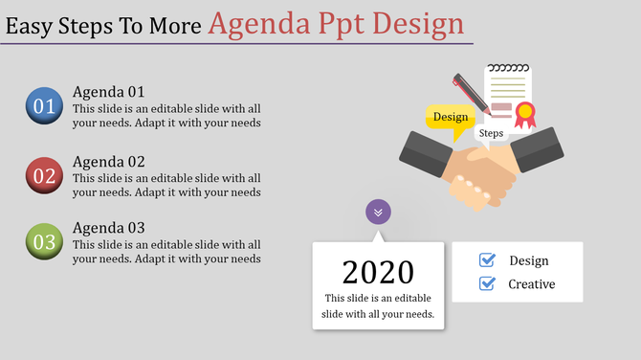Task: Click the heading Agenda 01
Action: (x=108, y=92)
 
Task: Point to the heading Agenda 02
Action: (x=108, y=162)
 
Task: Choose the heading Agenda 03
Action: (x=108, y=228)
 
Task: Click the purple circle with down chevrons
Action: (x=378, y=212)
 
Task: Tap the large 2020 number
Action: (x=378, y=272)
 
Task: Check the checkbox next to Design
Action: (x=487, y=260)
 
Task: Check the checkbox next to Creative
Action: (x=487, y=283)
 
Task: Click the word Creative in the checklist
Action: (x=531, y=284)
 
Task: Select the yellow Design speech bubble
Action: (x=450, y=118)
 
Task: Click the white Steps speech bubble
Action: (x=491, y=134)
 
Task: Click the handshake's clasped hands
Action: (x=482, y=175)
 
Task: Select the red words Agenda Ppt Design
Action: (x=336, y=23)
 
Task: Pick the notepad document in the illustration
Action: (x=506, y=91)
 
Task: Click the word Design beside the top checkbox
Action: (x=529, y=260)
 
